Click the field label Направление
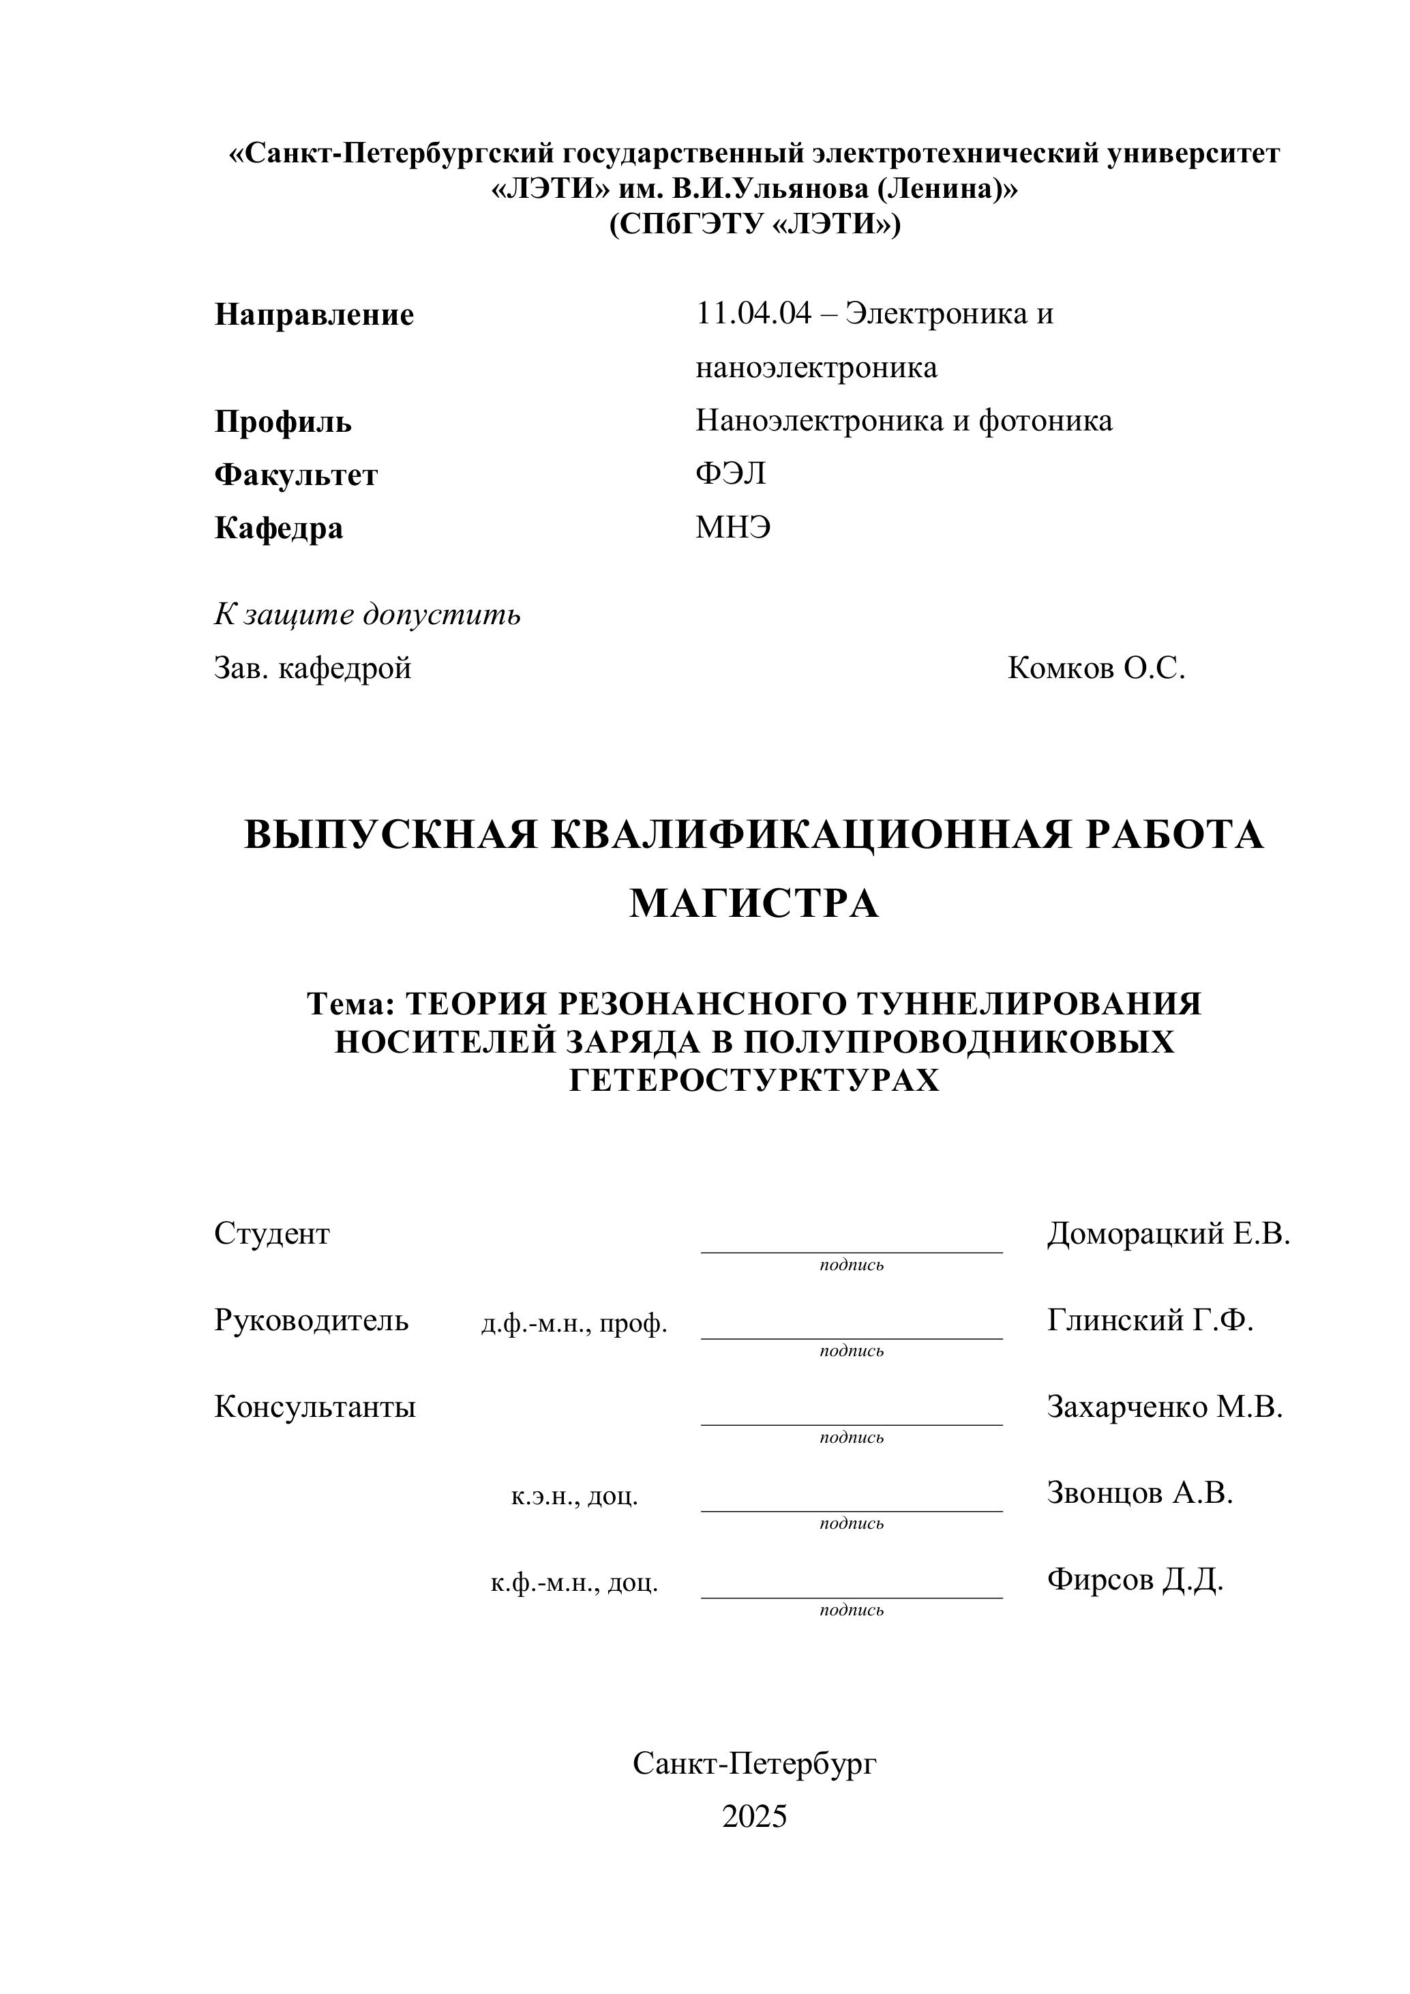pos(314,314)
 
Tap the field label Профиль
pos(282,422)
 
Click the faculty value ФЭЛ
pos(730,473)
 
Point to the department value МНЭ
pos(733,527)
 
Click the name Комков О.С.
pos(1096,669)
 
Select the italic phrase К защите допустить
pos(367,615)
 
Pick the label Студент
pos(272,1233)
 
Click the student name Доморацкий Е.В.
pos(1168,1233)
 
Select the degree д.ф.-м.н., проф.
pos(574,1323)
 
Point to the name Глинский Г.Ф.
pos(1150,1320)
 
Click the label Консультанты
pos(314,1407)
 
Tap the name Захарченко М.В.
pos(1165,1407)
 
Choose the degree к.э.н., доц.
pos(574,1497)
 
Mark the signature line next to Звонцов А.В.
pos(851,1510)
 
